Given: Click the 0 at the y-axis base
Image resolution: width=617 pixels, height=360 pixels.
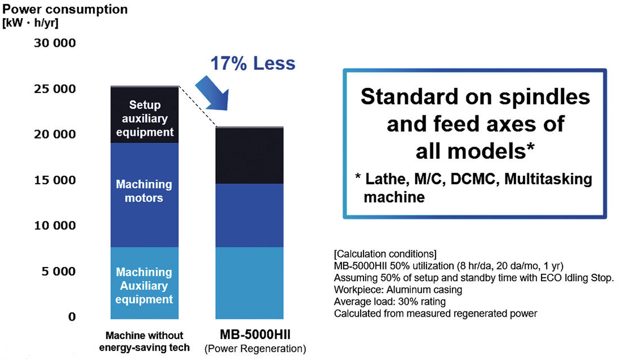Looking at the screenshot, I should tap(72, 317).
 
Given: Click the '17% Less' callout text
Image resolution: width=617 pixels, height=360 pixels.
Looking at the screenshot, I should tap(252, 64).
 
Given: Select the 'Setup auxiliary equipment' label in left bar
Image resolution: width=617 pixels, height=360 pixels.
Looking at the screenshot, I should tap(144, 118).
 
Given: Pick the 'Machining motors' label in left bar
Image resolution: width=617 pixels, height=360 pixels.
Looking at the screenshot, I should tap(144, 191).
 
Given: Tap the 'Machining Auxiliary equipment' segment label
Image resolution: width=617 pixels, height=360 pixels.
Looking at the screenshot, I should tap(144, 286).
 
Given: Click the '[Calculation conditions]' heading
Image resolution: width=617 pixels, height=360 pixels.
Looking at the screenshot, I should tap(384, 252).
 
